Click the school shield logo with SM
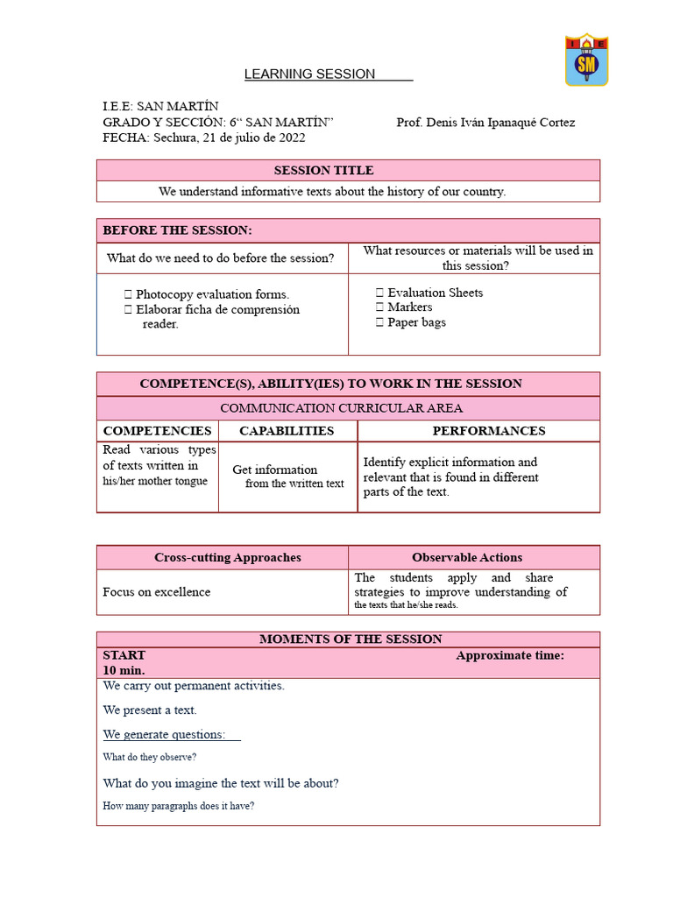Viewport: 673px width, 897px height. (x=586, y=60)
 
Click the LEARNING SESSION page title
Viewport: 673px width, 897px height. (x=310, y=74)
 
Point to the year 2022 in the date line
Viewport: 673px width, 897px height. (x=291, y=138)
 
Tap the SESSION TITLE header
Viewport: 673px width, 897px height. (x=323, y=171)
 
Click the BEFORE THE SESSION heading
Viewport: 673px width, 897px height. (x=177, y=230)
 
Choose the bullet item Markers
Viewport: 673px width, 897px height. (x=409, y=307)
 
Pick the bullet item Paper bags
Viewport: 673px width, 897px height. (x=416, y=322)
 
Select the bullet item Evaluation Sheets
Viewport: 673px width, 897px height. (x=435, y=293)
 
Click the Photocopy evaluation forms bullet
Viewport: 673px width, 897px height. (x=212, y=294)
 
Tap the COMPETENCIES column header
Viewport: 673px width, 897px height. (x=157, y=431)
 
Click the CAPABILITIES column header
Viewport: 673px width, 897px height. (x=287, y=431)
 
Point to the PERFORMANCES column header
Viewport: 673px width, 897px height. (x=489, y=431)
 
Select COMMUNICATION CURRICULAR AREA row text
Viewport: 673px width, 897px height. (x=341, y=408)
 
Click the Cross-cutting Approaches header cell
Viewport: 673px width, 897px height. (x=227, y=557)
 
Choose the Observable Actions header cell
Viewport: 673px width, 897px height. (x=467, y=557)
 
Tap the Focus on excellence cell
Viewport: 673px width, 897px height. (x=157, y=592)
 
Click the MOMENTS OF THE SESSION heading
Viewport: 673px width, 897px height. (x=351, y=639)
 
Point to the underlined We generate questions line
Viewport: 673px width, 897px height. (x=164, y=734)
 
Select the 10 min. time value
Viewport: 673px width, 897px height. (x=124, y=670)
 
